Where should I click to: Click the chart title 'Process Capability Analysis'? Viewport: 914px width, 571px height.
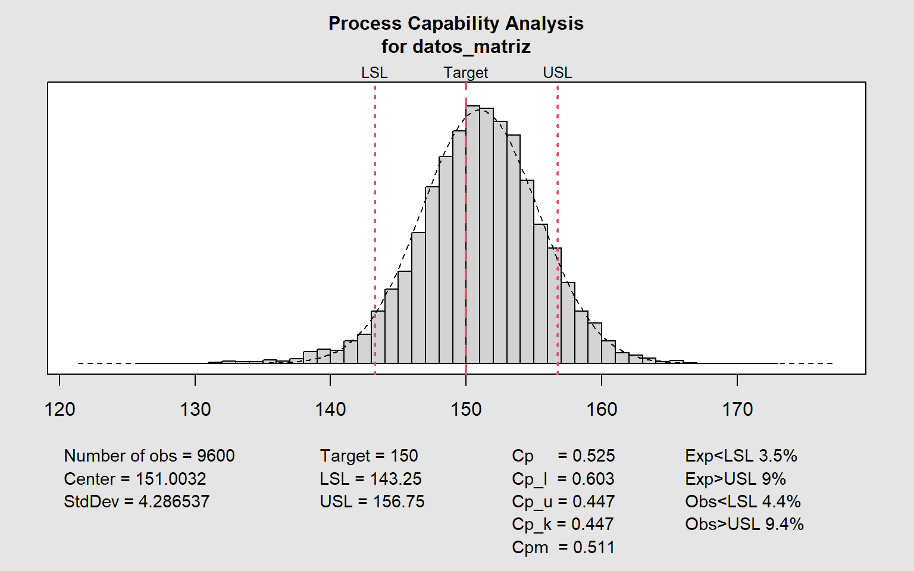(x=456, y=23)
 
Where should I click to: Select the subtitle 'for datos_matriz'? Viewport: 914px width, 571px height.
(x=456, y=46)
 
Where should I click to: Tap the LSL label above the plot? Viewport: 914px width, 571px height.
(x=374, y=73)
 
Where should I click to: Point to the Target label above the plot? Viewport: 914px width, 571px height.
(x=465, y=73)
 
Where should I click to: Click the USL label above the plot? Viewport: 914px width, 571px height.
(x=558, y=73)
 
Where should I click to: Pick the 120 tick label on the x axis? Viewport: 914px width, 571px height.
(x=60, y=409)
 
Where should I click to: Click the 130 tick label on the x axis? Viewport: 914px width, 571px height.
(x=195, y=409)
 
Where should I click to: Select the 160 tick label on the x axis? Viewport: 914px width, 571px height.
(x=602, y=409)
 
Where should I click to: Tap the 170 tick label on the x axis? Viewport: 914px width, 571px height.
(x=737, y=409)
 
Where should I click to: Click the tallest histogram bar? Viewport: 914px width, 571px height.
(x=473, y=238)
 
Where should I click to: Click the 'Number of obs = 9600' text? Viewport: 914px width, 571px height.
(x=149, y=456)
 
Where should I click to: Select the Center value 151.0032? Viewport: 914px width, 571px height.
(x=171, y=479)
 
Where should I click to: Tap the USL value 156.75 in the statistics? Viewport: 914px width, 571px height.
(x=399, y=501)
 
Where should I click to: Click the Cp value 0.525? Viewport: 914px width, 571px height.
(x=593, y=456)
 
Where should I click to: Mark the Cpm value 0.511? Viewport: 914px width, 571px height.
(x=593, y=547)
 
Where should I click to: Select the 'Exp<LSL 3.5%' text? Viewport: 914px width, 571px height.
(x=741, y=456)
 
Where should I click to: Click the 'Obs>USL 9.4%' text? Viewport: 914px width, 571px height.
(x=744, y=524)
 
